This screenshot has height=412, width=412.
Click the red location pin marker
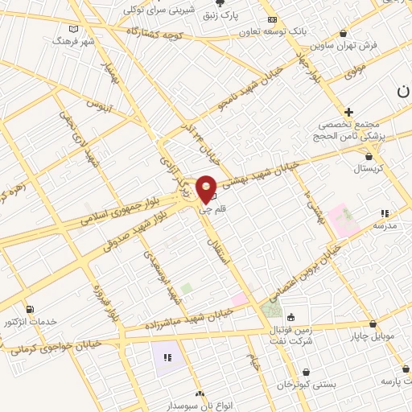tap(206, 188)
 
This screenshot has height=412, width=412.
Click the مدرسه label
tap(385, 226)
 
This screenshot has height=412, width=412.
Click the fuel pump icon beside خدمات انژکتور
tap(31, 308)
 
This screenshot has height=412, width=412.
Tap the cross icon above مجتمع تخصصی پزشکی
tap(348, 112)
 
